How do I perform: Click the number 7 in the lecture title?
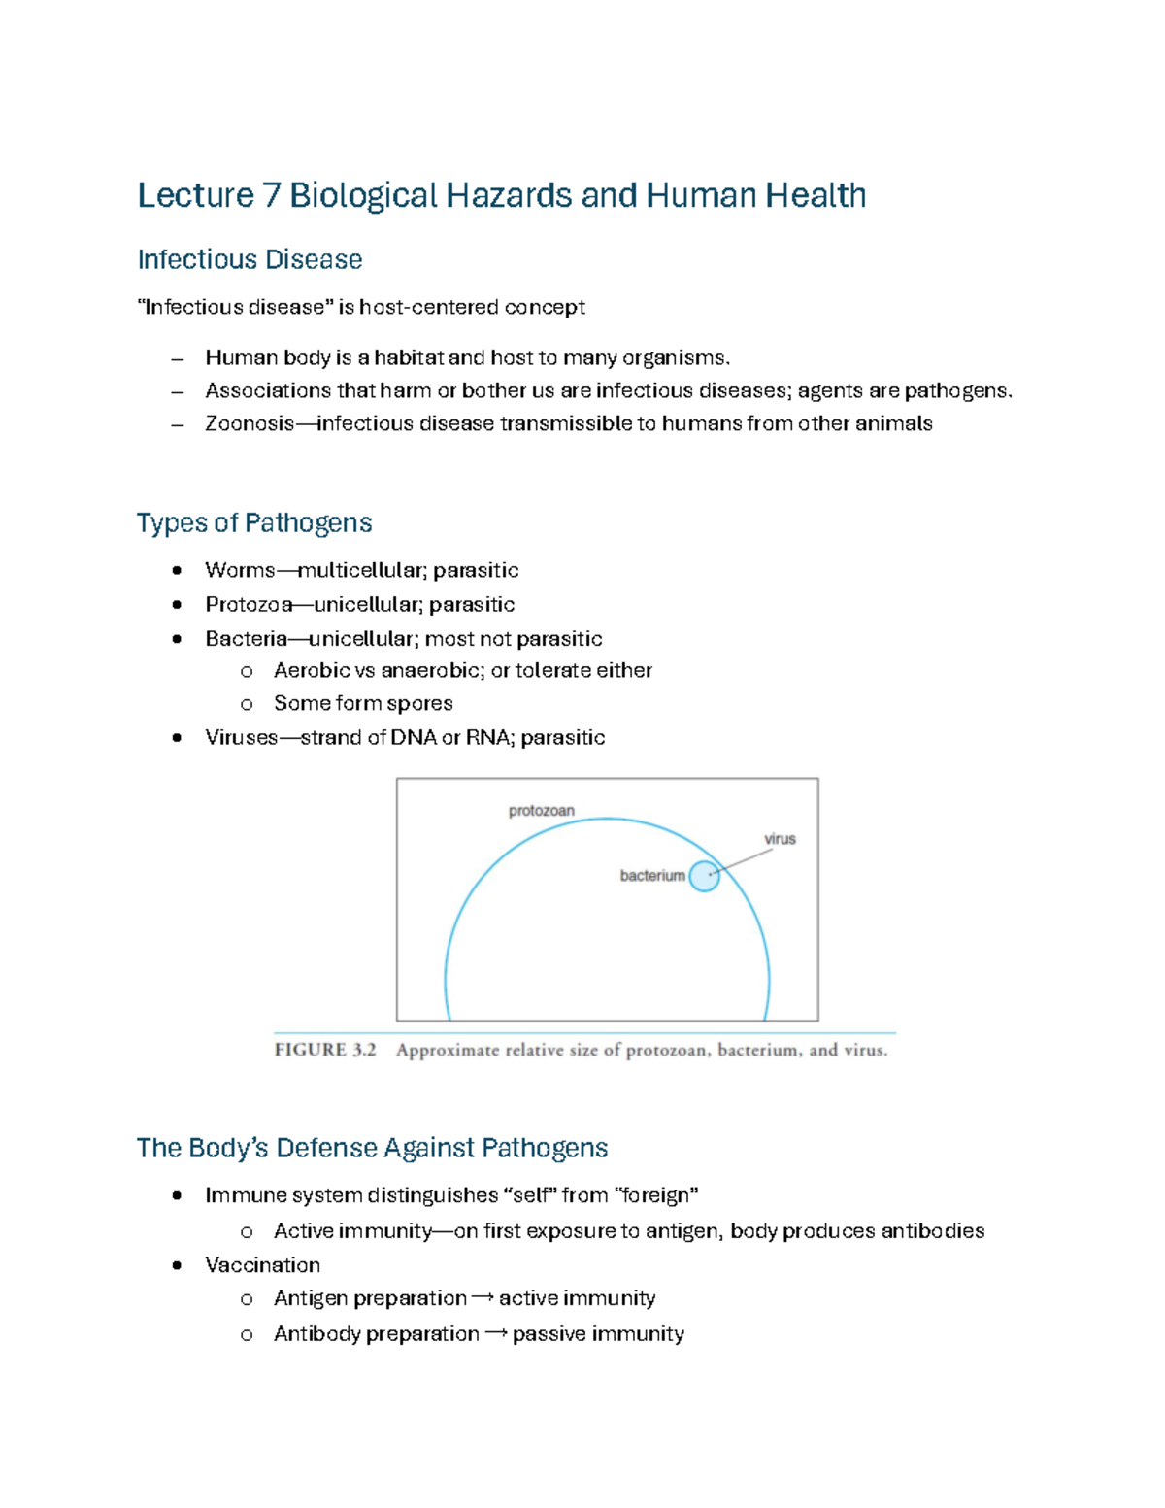tap(271, 196)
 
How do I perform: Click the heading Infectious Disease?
tap(250, 259)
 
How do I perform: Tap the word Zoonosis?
tap(250, 423)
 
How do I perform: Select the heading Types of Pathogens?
tap(253, 522)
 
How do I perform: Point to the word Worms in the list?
tap(240, 570)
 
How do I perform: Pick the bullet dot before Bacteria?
tap(177, 639)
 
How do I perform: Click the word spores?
tap(419, 703)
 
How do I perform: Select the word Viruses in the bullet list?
tap(242, 737)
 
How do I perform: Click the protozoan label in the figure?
tap(542, 811)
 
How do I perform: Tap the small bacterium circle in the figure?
tap(705, 876)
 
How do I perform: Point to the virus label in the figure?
tap(780, 839)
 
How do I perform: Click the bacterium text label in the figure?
tap(652, 876)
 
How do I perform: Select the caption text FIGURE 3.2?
tap(324, 1050)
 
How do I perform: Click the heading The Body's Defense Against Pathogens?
tap(372, 1148)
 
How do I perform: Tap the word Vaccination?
tap(262, 1265)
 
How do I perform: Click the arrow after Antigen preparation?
tap(483, 1298)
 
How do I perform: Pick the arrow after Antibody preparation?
tap(495, 1334)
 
